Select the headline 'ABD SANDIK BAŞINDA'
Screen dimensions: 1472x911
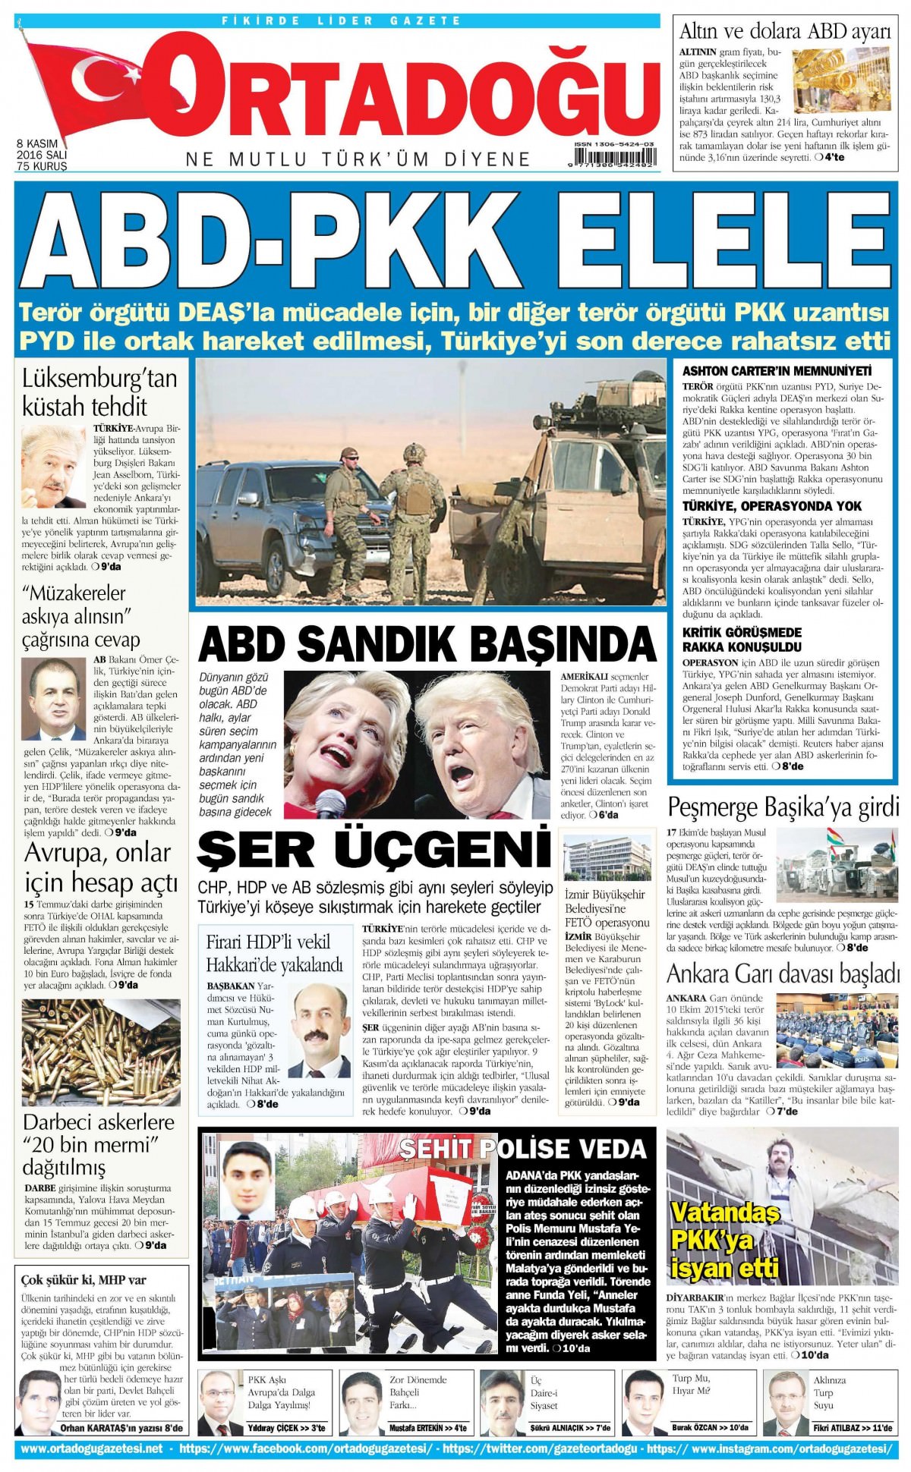[427, 644]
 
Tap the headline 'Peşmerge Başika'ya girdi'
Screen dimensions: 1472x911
[783, 807]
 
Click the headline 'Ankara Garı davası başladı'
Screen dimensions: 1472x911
[783, 973]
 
